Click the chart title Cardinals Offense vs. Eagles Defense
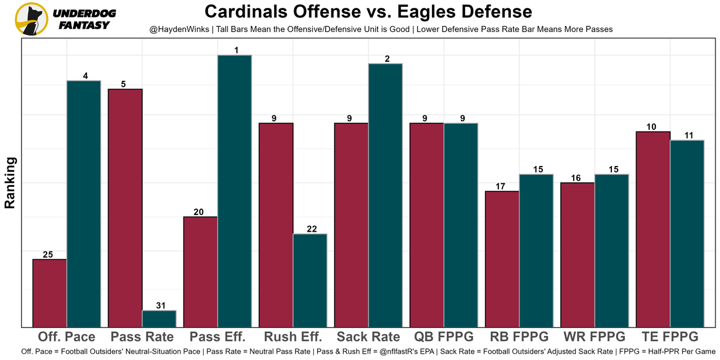coord(368,12)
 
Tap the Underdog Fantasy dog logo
coord(31,19)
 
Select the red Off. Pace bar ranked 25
coord(49,293)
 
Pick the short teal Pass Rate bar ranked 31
coord(159,318)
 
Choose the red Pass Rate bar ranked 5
coord(125,208)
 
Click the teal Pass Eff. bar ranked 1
coord(235,191)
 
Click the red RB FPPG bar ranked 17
coord(502,259)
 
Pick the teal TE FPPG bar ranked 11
coord(687,233)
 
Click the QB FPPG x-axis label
coord(444,337)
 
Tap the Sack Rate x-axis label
coord(368,337)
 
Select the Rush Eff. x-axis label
coord(293,337)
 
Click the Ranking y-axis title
coord(10,183)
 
